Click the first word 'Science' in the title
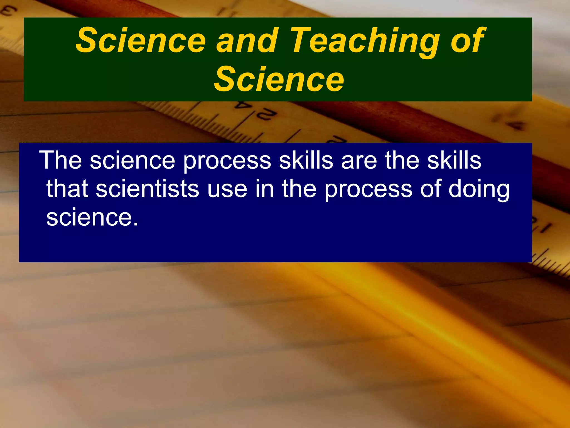[x=141, y=41]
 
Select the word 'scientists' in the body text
[x=147, y=189]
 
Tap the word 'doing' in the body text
[x=479, y=189]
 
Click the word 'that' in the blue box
[x=67, y=189]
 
